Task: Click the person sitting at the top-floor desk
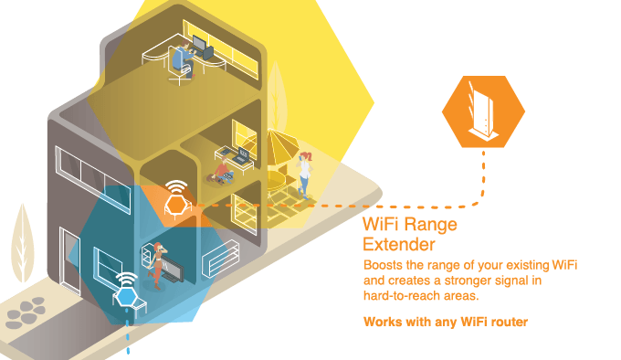point(186,56)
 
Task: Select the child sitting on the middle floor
point(224,170)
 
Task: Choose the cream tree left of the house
point(23,242)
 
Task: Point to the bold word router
point(507,322)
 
